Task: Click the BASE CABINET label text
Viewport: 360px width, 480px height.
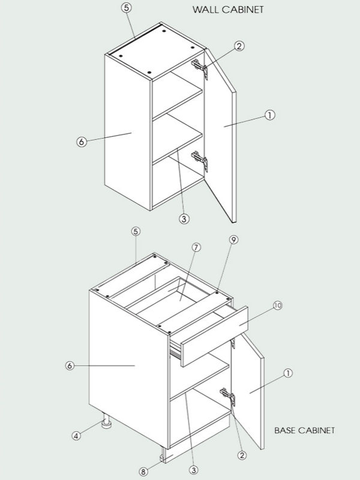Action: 304,430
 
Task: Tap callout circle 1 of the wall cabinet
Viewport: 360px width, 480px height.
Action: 269,115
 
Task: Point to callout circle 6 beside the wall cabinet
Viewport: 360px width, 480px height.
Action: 82,142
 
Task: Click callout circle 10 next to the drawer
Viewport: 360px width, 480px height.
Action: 277,306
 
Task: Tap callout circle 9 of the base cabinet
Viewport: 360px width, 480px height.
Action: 233,239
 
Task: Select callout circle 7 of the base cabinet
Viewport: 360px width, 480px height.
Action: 196,247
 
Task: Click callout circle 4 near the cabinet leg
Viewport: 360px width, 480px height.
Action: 76,436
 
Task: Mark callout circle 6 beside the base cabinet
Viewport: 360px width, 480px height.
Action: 70,365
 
